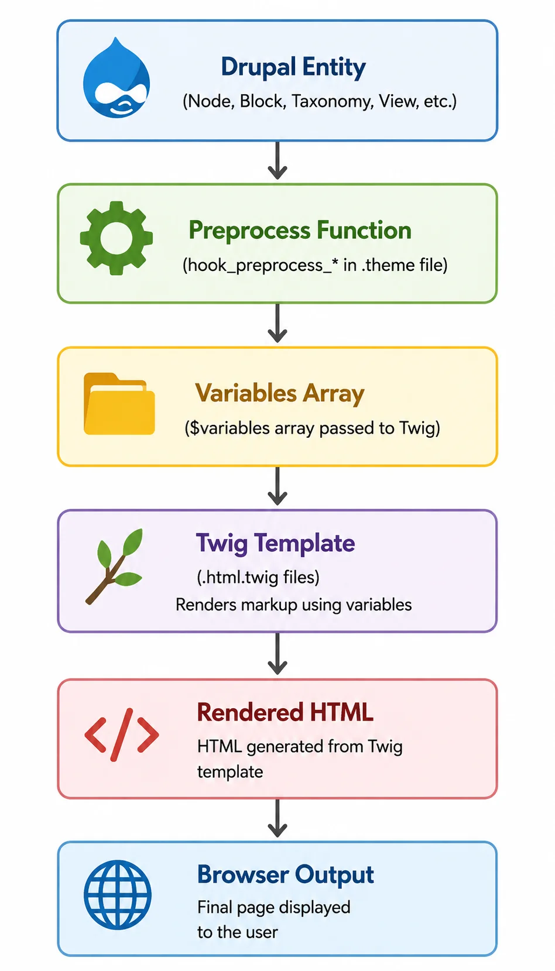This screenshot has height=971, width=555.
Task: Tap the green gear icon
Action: click(x=116, y=238)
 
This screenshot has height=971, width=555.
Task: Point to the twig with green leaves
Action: click(x=114, y=566)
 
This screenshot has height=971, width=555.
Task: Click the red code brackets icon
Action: click(x=121, y=735)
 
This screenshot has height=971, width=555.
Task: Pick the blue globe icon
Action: click(x=118, y=894)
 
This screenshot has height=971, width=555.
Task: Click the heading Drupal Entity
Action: click(x=293, y=68)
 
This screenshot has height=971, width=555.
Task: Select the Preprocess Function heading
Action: click(x=300, y=230)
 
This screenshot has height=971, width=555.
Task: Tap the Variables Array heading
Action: click(x=280, y=393)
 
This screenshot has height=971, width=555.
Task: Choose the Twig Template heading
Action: click(x=275, y=544)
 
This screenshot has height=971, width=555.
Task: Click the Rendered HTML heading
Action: click(x=285, y=712)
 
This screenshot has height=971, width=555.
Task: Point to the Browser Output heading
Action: click(x=285, y=875)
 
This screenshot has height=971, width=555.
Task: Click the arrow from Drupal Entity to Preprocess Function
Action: click(x=277, y=160)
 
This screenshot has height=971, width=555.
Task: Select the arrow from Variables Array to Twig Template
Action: click(x=277, y=486)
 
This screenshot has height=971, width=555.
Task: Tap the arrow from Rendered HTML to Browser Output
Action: click(x=277, y=818)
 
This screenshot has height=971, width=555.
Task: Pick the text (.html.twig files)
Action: click(x=258, y=578)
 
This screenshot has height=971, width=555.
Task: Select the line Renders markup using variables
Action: click(x=293, y=605)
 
